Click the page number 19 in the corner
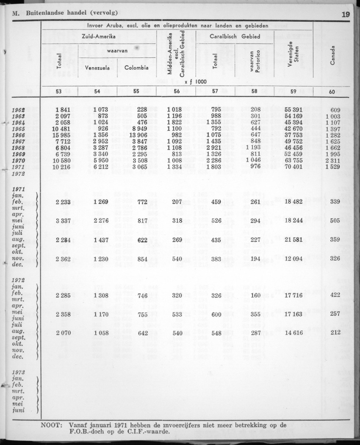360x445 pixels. (x=345, y=14)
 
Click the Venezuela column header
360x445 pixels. (x=98, y=67)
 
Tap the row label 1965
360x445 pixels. (x=18, y=129)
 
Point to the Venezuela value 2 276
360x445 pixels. (x=101, y=220)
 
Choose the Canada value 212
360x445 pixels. (x=335, y=333)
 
